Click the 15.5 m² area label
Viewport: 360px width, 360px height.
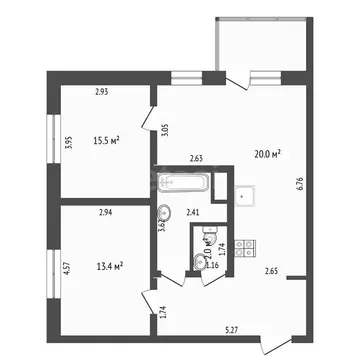pyautogui.click(x=107, y=140)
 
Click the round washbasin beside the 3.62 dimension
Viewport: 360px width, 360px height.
pyautogui.click(x=164, y=212)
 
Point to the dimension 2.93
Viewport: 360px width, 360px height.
pyautogui.click(x=102, y=93)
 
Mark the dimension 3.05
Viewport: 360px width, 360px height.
pyautogui.click(x=165, y=127)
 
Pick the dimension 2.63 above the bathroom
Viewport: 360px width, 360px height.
pyautogui.click(x=197, y=157)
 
